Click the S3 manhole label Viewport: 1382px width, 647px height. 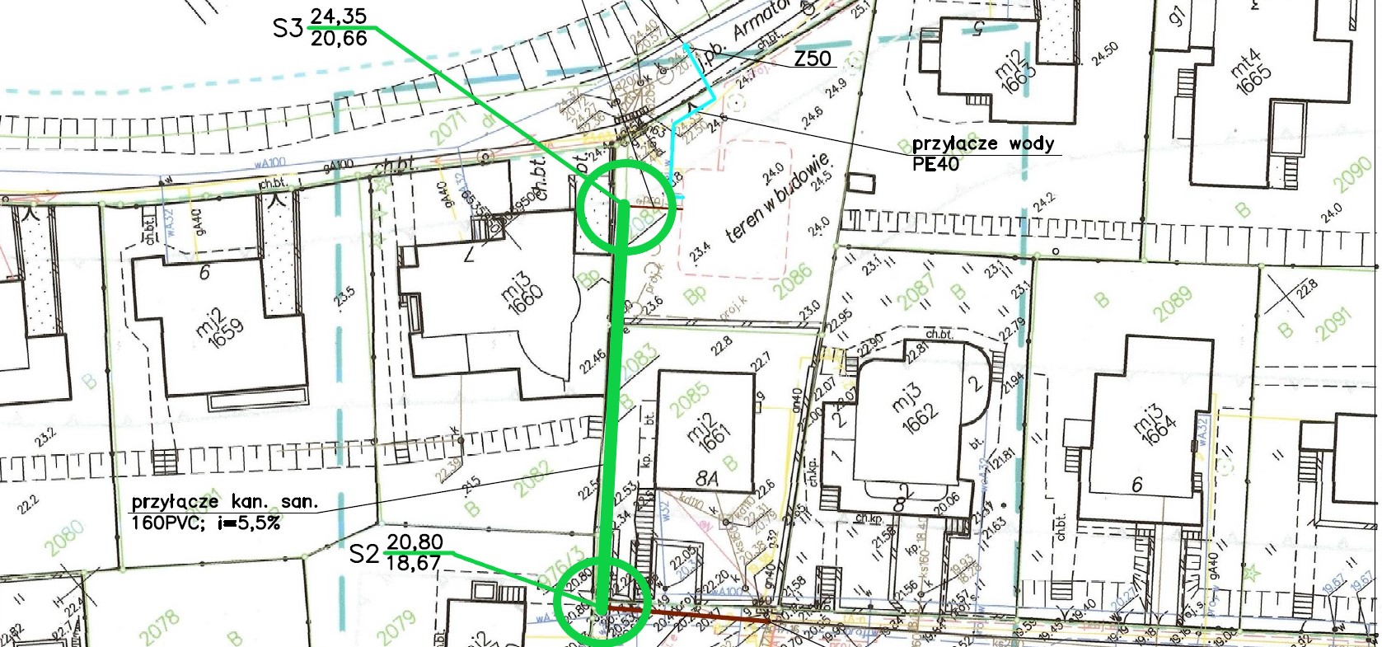tap(288, 29)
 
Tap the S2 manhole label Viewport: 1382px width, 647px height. tap(363, 553)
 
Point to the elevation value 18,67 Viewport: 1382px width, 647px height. tap(415, 562)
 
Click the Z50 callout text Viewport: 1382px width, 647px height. tap(813, 59)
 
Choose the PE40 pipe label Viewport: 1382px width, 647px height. tap(935, 163)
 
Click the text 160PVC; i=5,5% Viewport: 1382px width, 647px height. tap(206, 521)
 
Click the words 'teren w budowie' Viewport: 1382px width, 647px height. tap(775, 198)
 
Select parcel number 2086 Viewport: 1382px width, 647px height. tap(793, 283)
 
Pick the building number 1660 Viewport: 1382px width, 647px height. tap(525, 294)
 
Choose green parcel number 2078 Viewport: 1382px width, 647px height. tap(160, 628)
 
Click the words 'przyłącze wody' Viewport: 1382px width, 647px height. tap(982, 144)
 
